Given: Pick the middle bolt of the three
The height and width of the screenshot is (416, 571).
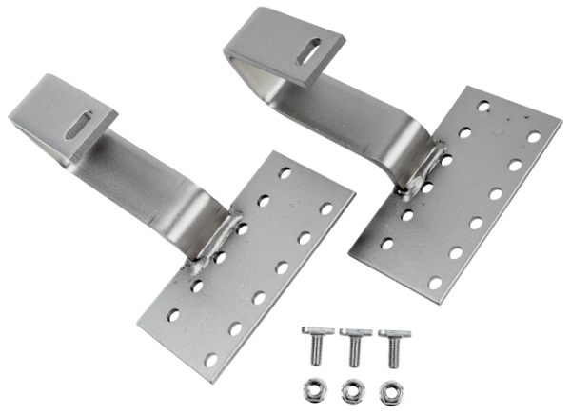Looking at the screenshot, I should (354, 342).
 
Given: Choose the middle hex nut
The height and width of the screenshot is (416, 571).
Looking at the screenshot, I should (352, 389).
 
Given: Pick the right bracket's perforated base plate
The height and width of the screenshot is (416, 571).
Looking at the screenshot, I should (447, 205).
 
